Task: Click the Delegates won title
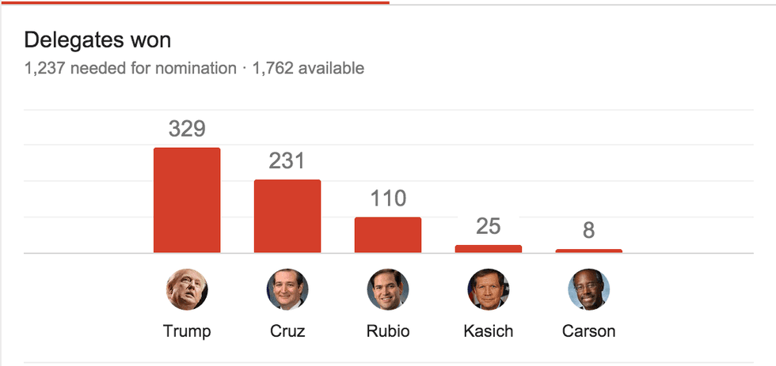[x=97, y=40]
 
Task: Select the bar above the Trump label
[x=187, y=200]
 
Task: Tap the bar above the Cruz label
[x=287, y=216]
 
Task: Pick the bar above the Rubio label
[x=388, y=235]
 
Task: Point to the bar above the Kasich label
[x=489, y=249]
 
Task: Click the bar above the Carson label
[x=588, y=251]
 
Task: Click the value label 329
[x=187, y=129]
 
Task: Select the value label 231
[x=287, y=161]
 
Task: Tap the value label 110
[x=388, y=198]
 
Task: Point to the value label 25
[x=489, y=227]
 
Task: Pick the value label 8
[x=588, y=231]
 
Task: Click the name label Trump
[x=187, y=331]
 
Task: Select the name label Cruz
[x=287, y=331]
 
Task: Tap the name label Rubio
[x=388, y=331]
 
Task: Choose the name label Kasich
[x=489, y=331]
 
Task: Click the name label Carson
[x=588, y=331]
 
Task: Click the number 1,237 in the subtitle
[x=44, y=69]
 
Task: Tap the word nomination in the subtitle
[x=196, y=69]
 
